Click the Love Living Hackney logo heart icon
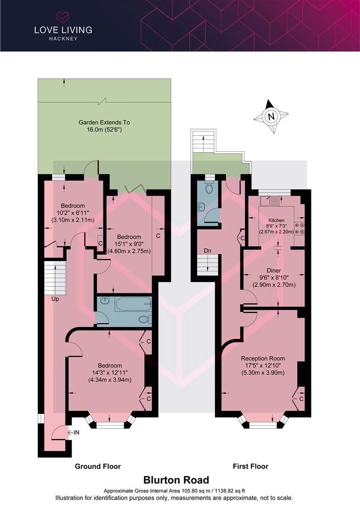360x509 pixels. (x=63, y=17)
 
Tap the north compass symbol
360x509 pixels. (x=271, y=116)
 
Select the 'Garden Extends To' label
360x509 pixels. (x=104, y=123)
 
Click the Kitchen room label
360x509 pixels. (x=276, y=220)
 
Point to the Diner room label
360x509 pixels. (x=274, y=271)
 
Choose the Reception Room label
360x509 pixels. (x=263, y=358)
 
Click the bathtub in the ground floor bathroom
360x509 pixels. (x=133, y=304)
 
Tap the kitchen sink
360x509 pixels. (x=270, y=201)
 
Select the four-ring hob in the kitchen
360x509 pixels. (x=299, y=228)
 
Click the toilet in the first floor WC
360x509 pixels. (x=210, y=187)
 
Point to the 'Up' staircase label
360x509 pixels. (x=55, y=299)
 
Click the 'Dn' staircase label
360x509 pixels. (x=207, y=251)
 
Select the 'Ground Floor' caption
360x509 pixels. (x=98, y=467)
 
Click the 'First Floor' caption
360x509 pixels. (x=251, y=467)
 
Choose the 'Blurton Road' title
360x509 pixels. (x=176, y=480)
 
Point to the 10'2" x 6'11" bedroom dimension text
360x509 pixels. (x=73, y=213)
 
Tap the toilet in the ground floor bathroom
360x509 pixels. (x=145, y=320)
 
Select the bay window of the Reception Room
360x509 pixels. (x=263, y=421)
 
